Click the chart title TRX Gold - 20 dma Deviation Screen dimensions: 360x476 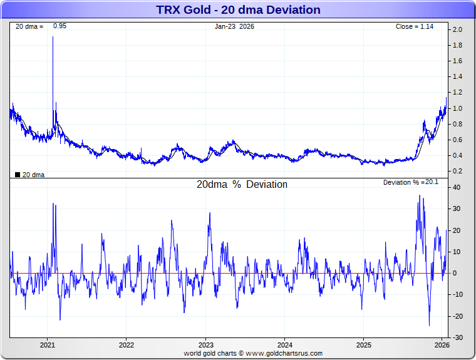tap(238, 10)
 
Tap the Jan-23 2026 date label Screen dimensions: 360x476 tap(234, 26)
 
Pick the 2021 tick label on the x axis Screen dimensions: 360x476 tap(48, 345)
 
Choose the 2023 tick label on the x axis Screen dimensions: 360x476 tap(206, 345)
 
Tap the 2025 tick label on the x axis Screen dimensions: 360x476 tap(364, 345)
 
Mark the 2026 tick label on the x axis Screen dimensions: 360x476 tap(442, 345)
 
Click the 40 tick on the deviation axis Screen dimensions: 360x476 tap(457, 188)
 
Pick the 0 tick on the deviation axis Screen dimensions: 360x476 tap(457, 274)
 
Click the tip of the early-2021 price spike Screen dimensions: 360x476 tap(53, 37)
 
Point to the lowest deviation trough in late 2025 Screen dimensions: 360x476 tap(429, 326)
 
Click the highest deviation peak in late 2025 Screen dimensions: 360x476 tap(420, 196)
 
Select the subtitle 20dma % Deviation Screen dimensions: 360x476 tap(242, 185)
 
